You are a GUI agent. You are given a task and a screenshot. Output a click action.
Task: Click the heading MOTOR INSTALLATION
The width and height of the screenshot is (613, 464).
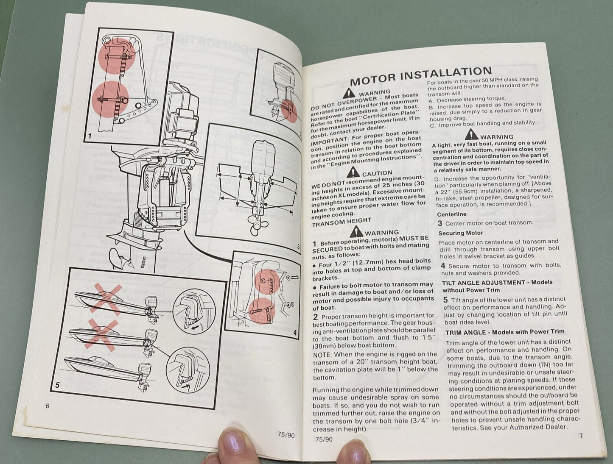(420, 75)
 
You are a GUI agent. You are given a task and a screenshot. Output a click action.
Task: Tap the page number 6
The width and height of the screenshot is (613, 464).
(48, 406)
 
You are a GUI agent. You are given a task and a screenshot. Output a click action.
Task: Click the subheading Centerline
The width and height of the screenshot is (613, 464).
(451, 214)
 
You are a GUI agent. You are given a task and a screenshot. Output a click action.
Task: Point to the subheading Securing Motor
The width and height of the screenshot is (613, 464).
(460, 233)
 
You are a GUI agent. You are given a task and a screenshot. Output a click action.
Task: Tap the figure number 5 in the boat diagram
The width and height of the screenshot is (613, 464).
(57, 386)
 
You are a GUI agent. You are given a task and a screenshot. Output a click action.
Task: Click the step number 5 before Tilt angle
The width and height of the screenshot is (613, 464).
(445, 299)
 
